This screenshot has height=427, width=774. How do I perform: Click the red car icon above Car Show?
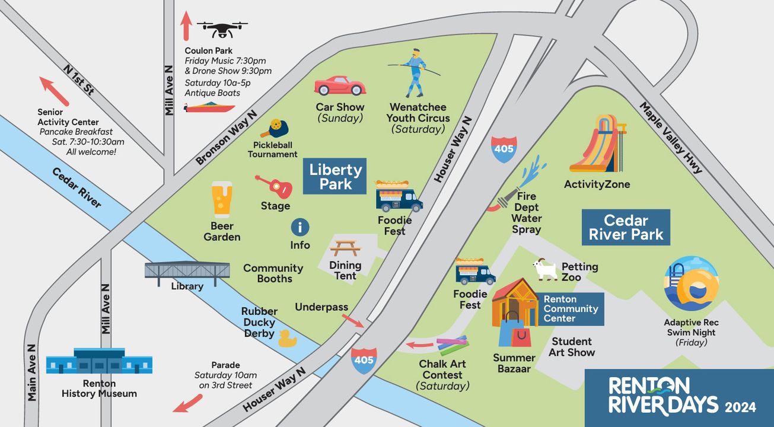tap(339, 86)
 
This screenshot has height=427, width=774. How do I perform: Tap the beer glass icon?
tap(222, 200)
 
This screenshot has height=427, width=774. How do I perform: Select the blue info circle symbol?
tap(300, 227)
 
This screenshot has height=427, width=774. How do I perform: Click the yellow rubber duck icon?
tap(288, 339)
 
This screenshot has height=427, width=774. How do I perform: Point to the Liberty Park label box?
tap(335, 176)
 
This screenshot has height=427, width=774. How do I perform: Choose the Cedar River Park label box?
tap(626, 227)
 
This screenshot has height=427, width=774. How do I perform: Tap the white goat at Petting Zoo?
tap(545, 269)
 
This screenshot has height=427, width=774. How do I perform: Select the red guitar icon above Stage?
tap(275, 186)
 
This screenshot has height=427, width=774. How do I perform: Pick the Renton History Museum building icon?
tap(99, 361)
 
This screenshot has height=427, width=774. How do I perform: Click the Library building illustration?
tap(187, 272)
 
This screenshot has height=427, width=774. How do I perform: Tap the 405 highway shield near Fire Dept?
tap(504, 149)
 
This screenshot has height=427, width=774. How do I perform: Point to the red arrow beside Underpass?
tap(353, 320)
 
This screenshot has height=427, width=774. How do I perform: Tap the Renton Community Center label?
tap(571, 309)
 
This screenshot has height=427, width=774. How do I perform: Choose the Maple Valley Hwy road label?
tap(671, 138)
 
